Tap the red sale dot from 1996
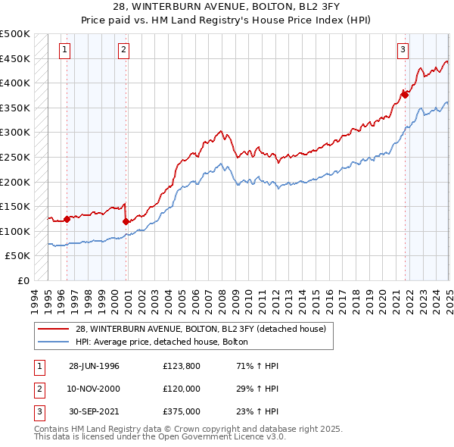pos(67,220)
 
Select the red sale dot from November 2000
pos(126,221)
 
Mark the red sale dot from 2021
pos(406,94)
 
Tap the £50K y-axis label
pos(18,256)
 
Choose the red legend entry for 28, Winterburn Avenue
pos(201,329)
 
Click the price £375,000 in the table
pos(182,412)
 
